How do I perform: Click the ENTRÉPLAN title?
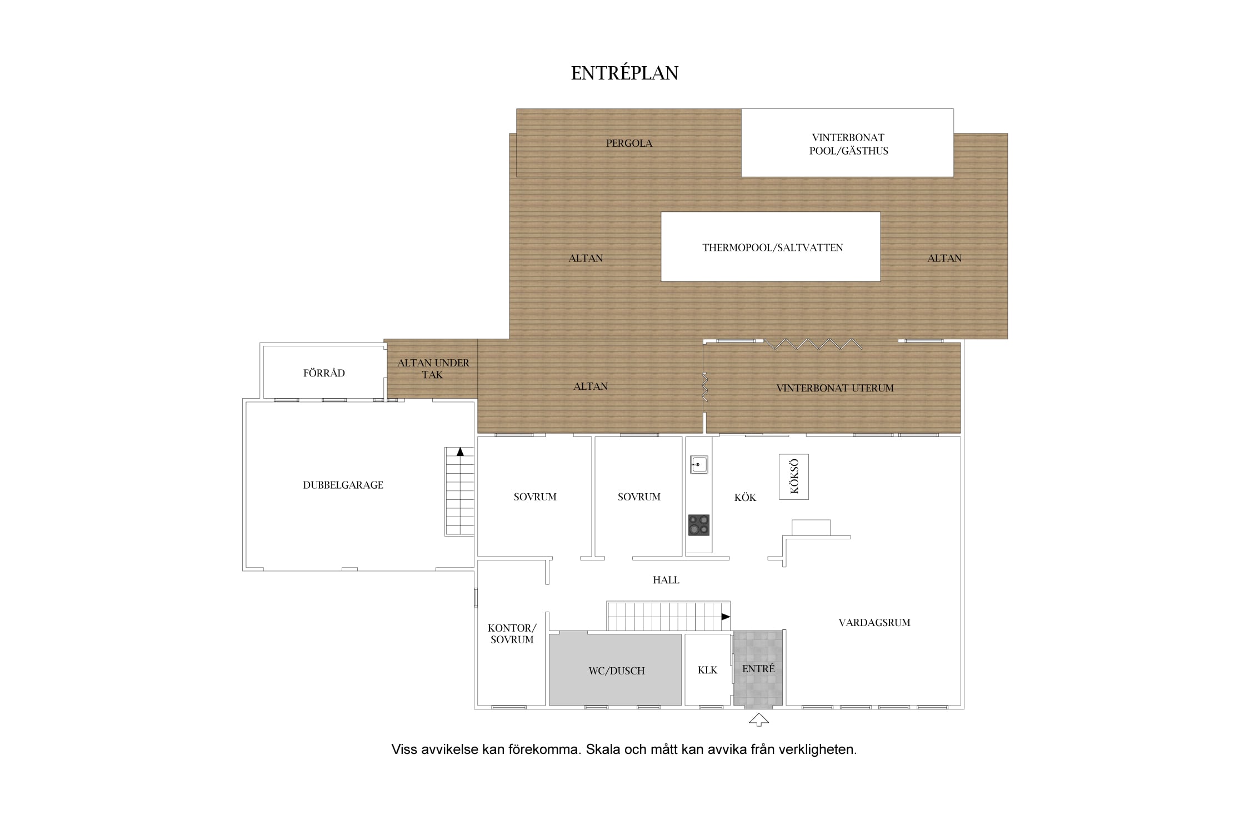tap(624, 73)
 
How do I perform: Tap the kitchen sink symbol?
tap(698, 464)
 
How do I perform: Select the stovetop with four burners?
tap(698, 525)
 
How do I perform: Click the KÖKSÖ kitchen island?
tap(793, 476)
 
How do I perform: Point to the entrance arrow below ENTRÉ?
tap(758, 720)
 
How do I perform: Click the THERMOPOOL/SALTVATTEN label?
tap(772, 248)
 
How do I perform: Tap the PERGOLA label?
tap(629, 143)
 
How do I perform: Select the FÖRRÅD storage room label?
tap(324, 373)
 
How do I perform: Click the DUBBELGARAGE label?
tap(343, 485)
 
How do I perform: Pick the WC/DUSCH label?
tap(617, 671)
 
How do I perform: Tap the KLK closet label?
tap(707, 671)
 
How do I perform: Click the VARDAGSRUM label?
tap(874, 623)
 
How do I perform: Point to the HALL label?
tap(666, 580)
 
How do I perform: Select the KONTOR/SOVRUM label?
tap(512, 634)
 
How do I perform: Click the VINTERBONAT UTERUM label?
tap(835, 388)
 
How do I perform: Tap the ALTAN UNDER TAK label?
tap(433, 369)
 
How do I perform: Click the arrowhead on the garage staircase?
tap(460, 451)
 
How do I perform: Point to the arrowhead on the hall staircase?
tap(726, 617)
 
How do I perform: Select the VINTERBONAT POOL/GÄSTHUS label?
tap(848, 144)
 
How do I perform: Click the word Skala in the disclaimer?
tap(602, 749)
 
